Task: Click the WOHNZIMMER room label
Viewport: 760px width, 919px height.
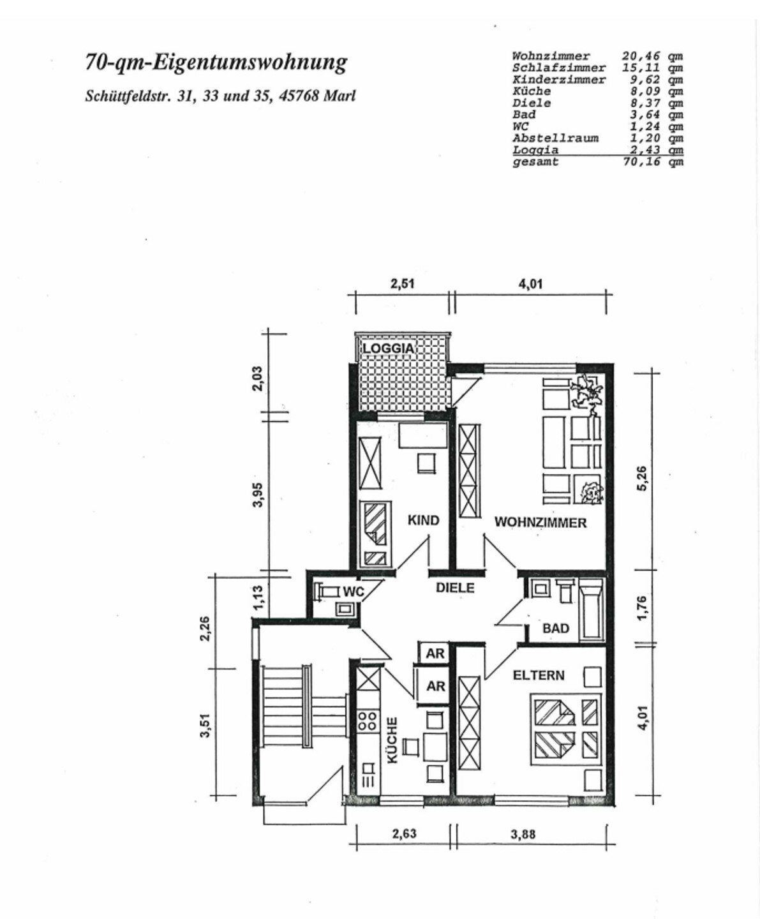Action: (540, 523)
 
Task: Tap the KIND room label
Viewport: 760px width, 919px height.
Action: (423, 520)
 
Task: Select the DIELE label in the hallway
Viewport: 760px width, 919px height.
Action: (455, 588)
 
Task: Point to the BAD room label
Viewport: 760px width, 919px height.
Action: (555, 628)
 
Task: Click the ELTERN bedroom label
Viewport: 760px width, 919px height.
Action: (539, 675)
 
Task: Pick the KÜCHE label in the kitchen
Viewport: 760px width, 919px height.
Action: (392, 740)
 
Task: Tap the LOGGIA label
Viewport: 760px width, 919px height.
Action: (388, 348)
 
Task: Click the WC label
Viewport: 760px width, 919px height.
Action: (353, 592)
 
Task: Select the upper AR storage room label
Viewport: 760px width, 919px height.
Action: (435, 654)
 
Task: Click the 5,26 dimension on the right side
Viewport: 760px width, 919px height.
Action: (642, 478)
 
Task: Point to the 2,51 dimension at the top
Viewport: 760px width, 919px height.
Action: (402, 283)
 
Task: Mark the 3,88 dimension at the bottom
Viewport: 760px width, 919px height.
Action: (523, 834)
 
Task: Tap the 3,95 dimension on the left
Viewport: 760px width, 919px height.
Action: (258, 495)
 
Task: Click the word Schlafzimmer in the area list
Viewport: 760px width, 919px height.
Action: (558, 68)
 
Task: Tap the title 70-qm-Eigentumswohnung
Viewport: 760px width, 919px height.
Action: (216, 63)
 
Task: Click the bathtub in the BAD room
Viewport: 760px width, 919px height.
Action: (591, 609)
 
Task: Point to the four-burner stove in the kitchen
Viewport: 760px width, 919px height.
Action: (367, 721)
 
